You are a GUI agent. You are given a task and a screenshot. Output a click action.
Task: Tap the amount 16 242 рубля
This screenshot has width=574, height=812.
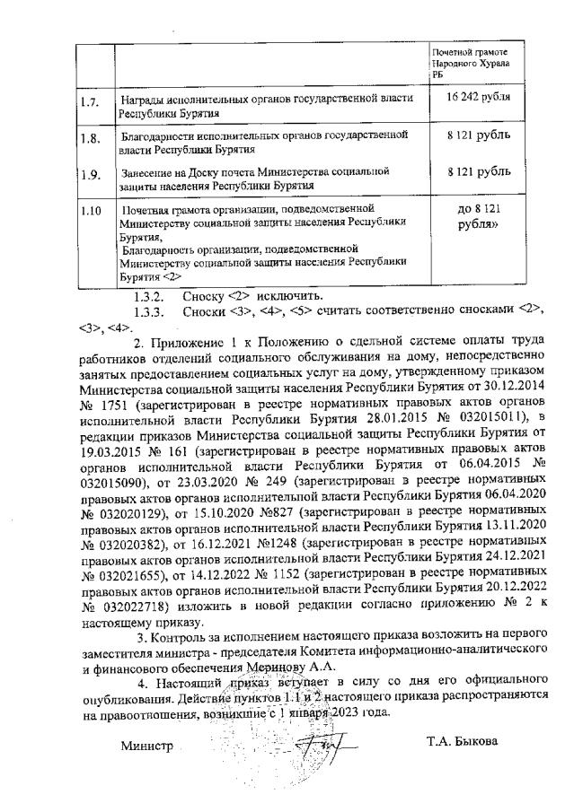point(471,97)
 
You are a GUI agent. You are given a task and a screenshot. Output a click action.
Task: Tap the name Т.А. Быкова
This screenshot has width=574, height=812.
point(461,741)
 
